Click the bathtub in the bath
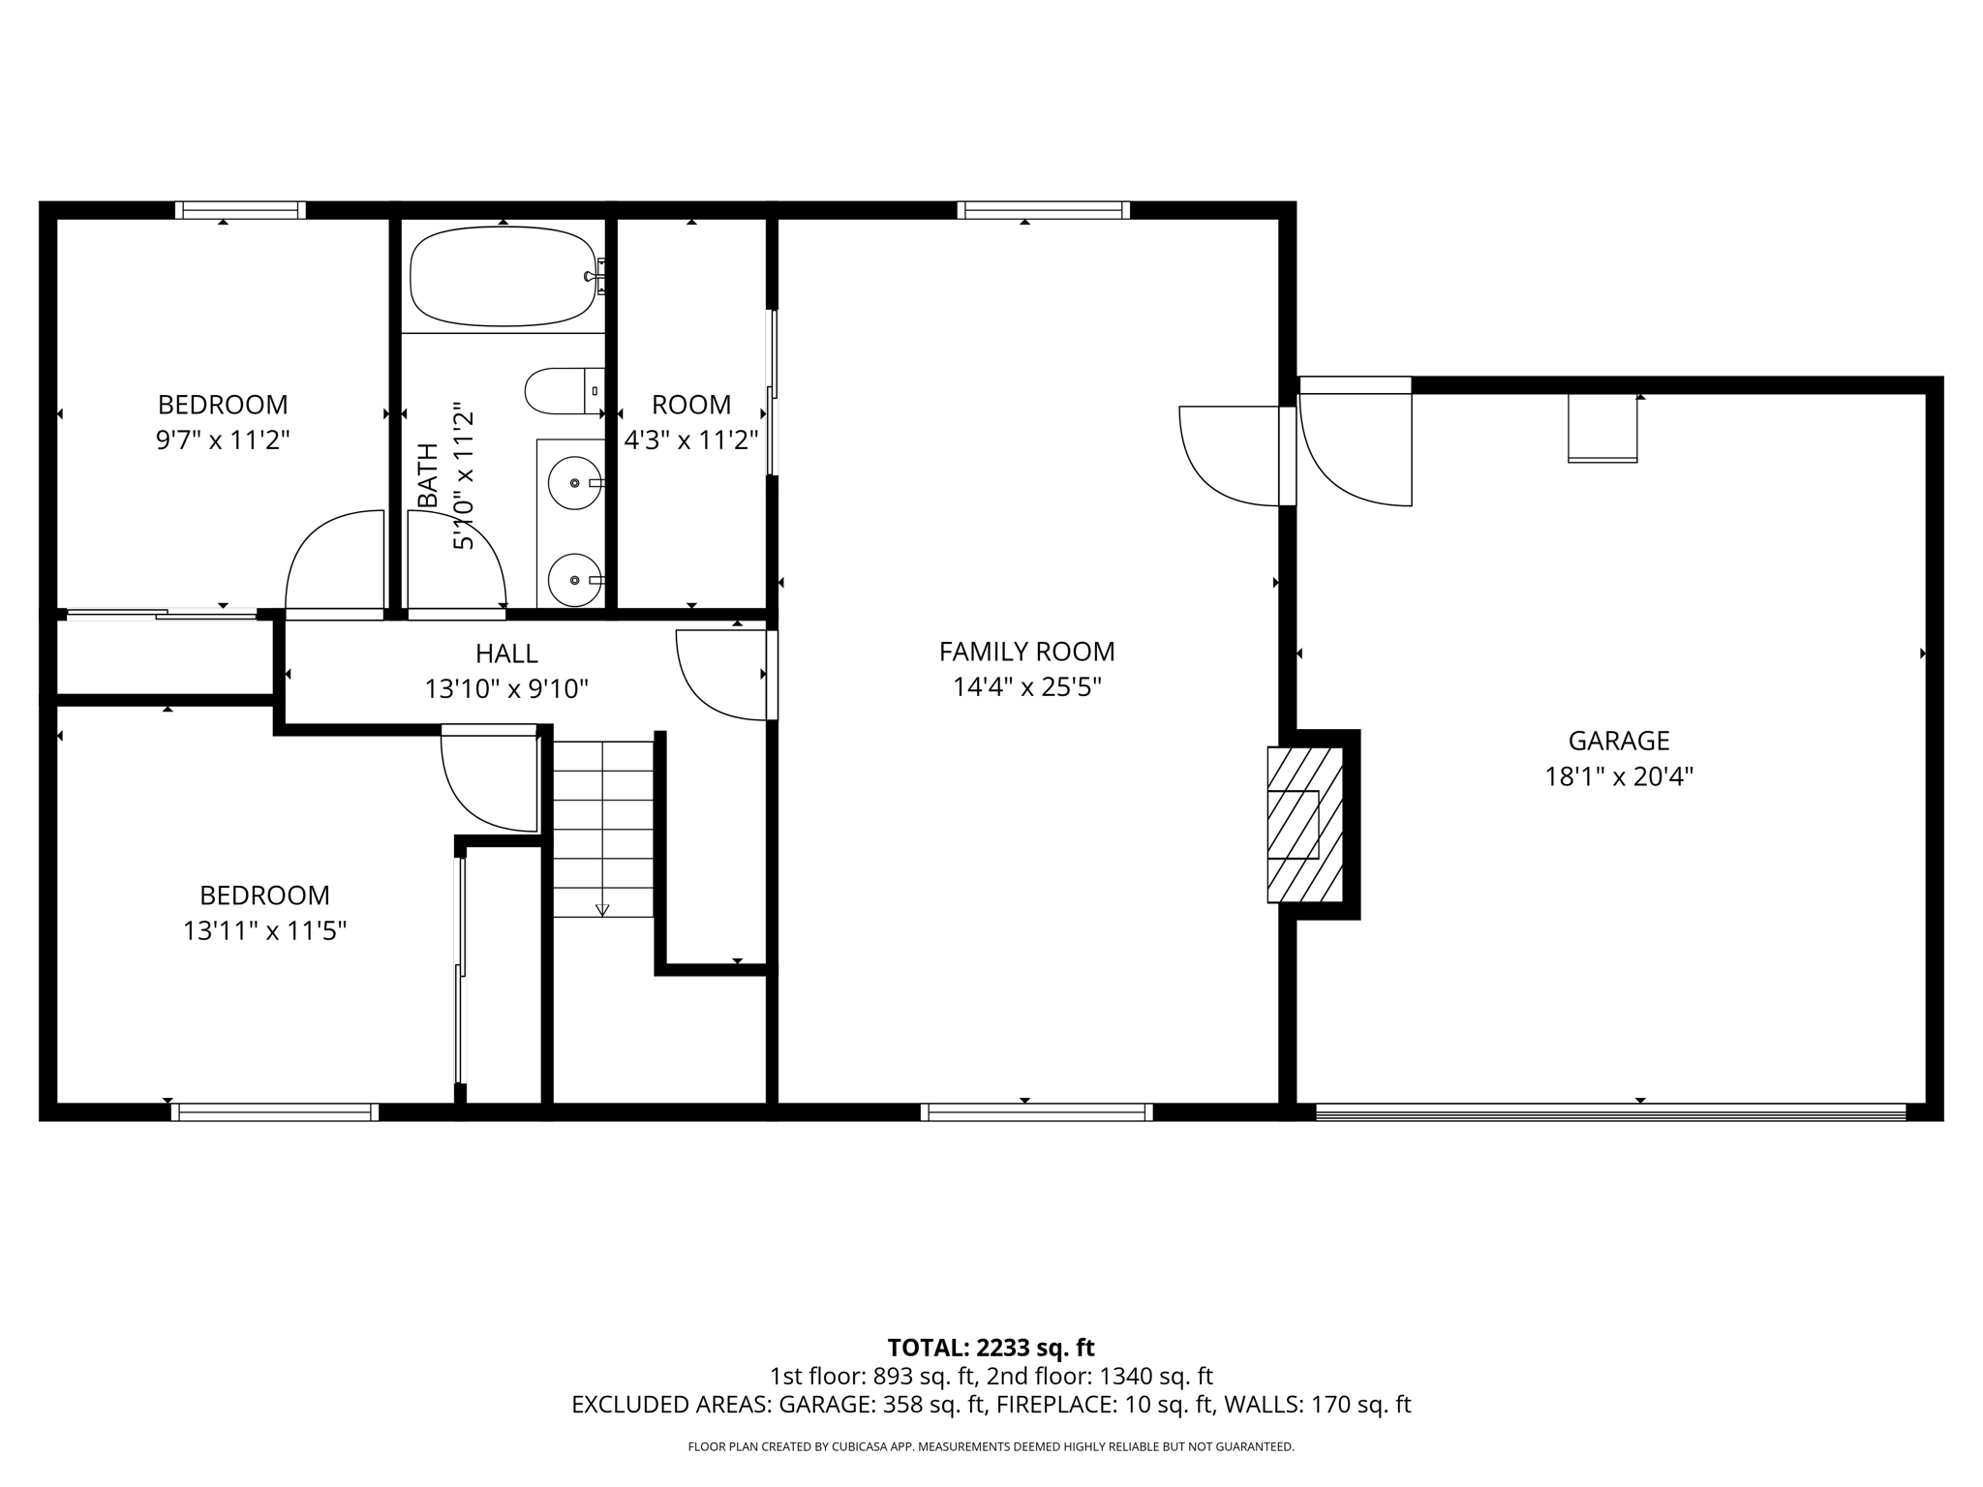click(503, 277)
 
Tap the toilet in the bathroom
click(562, 391)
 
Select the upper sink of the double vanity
click(575, 482)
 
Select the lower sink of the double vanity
click(575, 580)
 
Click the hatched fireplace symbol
click(1305, 824)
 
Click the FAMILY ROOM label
click(1026, 652)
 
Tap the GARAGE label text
click(1619, 741)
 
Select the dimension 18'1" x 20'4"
click(1619, 776)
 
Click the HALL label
click(506, 653)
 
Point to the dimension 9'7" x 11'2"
click(223, 440)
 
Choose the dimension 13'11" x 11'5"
click(264, 931)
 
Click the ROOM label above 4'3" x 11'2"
click(690, 405)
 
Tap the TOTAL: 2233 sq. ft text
click(991, 1348)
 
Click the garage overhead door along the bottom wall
click(1609, 1112)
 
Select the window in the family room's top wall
click(1043, 210)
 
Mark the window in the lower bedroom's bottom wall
click(274, 1112)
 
